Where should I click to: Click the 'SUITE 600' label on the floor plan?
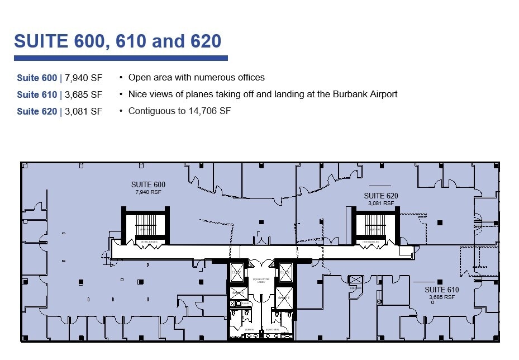coord(148,184)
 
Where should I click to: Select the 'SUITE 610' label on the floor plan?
coord(441,290)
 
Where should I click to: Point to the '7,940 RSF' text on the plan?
coord(148,192)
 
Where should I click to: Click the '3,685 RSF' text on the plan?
coord(441,297)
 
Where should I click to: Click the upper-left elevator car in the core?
coord(237,272)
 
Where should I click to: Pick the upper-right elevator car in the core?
coord(285,272)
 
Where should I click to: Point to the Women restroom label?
coord(272,329)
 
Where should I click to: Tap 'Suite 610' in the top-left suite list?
coord(37,94)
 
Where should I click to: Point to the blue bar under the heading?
coord(121,58)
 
